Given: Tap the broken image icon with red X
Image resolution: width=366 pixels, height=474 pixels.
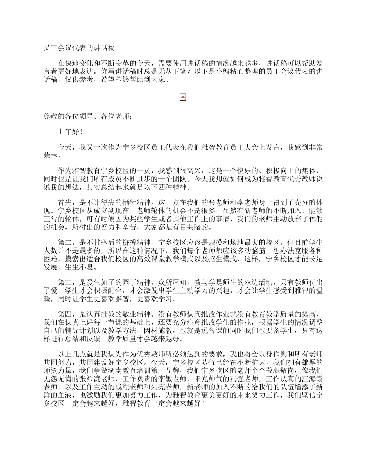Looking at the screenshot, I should [183, 97].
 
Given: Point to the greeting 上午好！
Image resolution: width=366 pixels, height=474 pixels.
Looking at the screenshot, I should [70, 132].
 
